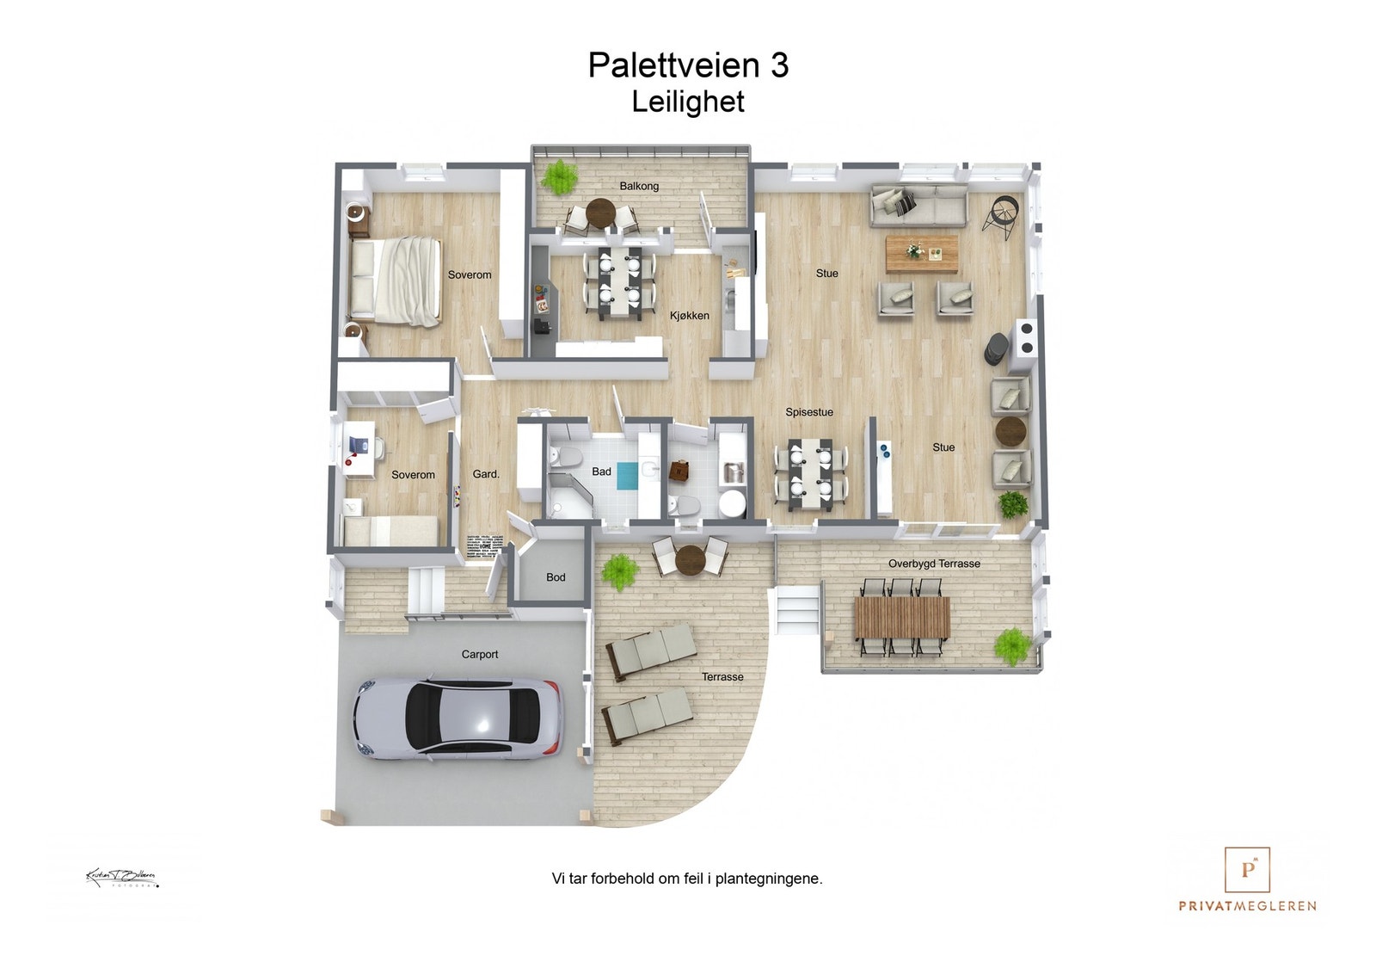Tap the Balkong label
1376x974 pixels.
[639, 186]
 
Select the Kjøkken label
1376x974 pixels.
[690, 316]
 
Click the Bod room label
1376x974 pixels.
[556, 577]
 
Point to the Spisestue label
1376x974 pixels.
[808, 412]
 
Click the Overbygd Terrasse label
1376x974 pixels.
[934, 564]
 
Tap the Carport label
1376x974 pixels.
[479, 654]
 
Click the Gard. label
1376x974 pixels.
[486, 474]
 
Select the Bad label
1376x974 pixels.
[601, 472]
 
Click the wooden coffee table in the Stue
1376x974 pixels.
[922, 252]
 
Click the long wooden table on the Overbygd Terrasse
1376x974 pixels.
[901, 618]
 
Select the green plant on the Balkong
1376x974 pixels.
[560, 176]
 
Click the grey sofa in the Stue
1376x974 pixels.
[918, 205]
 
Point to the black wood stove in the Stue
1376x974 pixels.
[996, 348]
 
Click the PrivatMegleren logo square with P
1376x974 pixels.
[1247, 869]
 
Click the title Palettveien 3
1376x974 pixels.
[688, 65]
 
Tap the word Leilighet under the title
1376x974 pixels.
[688, 102]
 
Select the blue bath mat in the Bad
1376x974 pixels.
[627, 475]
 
